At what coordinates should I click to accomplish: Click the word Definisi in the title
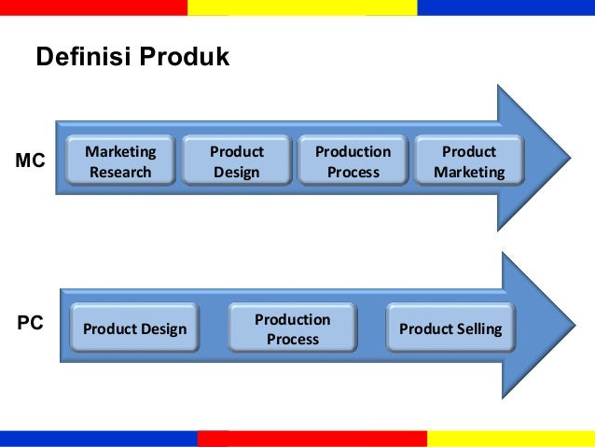84,58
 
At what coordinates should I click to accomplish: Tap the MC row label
31,161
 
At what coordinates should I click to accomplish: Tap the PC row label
30,324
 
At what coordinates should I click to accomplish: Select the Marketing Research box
119,161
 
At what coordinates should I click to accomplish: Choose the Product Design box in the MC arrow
236,161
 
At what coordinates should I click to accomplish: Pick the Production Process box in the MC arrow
353,161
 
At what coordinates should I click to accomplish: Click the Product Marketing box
469,161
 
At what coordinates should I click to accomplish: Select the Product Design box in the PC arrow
134,328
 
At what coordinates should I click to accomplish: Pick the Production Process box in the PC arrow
293,328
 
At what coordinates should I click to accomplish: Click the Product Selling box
450,328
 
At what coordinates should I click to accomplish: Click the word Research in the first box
120,172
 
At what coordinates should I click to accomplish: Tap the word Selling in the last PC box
479,328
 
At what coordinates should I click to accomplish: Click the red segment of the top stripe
93,7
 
